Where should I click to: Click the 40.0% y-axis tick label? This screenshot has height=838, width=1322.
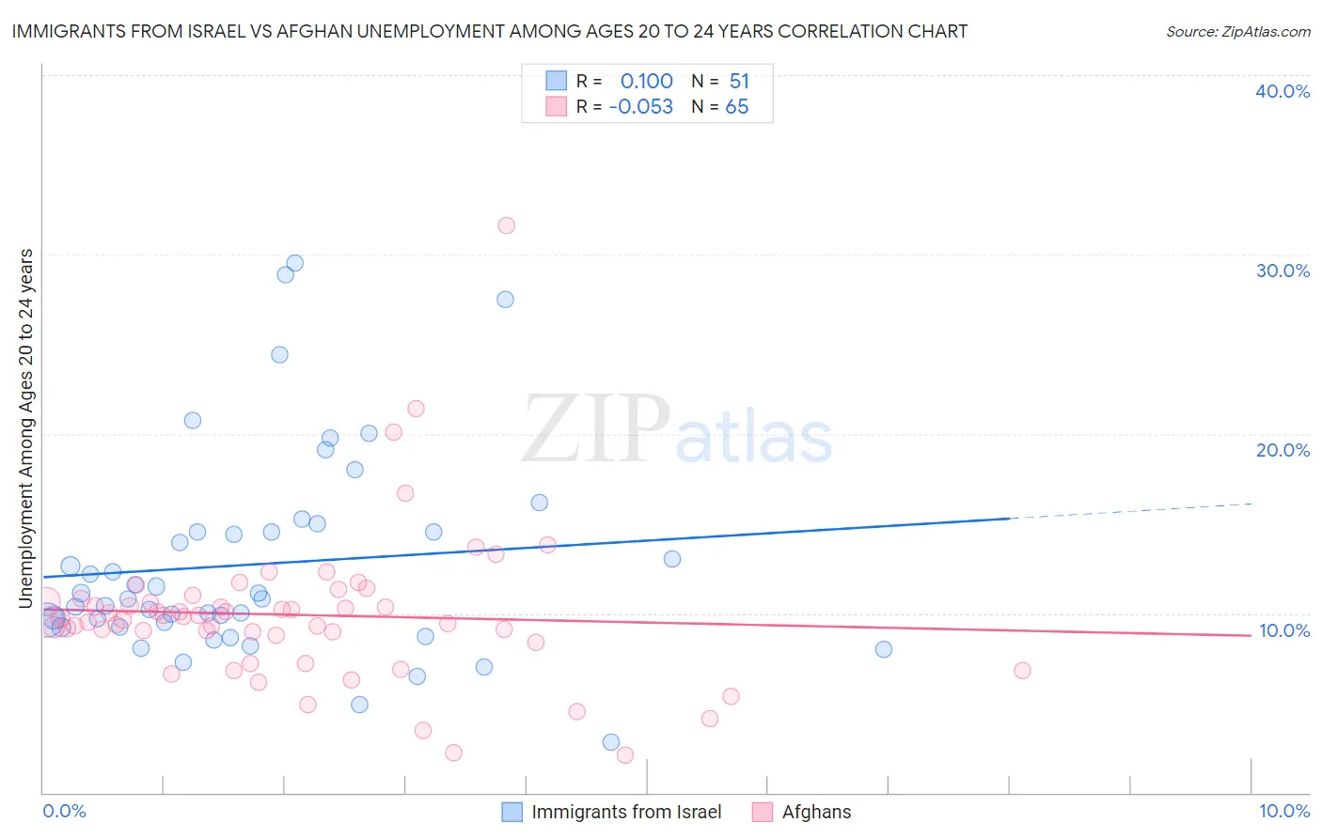point(1283,91)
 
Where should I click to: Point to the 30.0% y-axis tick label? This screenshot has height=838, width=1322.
point(1283,271)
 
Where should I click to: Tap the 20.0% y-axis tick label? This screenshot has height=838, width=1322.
point(1283,450)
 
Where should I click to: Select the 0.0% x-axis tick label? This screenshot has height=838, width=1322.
point(64,811)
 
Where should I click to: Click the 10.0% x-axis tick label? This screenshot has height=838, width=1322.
point(1283,811)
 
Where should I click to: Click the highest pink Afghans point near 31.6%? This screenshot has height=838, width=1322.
point(506,225)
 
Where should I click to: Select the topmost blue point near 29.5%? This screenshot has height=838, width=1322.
point(294,263)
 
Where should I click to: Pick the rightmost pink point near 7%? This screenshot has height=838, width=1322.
point(1022,671)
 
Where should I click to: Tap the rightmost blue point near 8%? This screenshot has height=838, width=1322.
point(883,649)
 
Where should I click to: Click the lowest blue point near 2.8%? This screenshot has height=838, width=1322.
point(611,742)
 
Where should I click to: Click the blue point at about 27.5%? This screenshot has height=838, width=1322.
point(505,300)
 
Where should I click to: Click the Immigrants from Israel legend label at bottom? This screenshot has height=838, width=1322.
point(626,812)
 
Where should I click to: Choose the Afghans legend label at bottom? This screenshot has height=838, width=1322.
point(816,812)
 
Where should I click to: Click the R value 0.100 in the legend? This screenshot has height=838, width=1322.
point(646,82)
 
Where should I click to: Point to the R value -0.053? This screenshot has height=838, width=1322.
point(641,107)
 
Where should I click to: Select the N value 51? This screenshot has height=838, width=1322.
point(739,82)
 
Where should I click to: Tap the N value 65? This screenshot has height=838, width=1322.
point(737,107)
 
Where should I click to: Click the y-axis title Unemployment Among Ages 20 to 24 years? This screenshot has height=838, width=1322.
point(26,428)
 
